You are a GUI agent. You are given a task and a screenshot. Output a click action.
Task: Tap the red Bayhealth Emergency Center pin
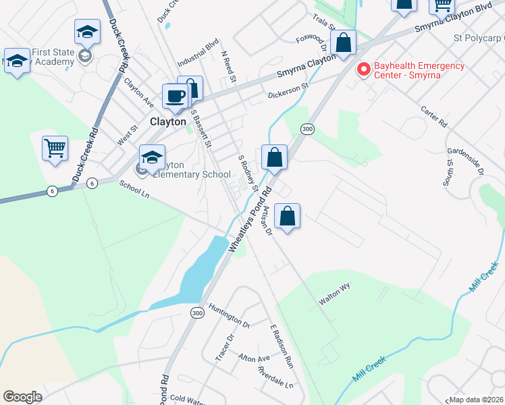click(x=364, y=70)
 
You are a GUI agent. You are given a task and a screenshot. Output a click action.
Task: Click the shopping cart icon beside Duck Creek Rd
click(x=55, y=147)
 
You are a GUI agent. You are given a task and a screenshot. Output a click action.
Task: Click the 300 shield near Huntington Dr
click(x=197, y=313)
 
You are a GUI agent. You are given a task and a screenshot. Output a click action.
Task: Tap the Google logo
click(x=23, y=397)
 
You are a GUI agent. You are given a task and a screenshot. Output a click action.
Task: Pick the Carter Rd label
click(x=433, y=116)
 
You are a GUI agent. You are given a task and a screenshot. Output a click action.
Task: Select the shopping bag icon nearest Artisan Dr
click(x=288, y=217)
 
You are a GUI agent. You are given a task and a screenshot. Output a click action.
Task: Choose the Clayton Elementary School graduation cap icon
click(x=153, y=159)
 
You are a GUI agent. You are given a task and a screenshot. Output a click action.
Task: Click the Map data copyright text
click(x=476, y=400)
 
